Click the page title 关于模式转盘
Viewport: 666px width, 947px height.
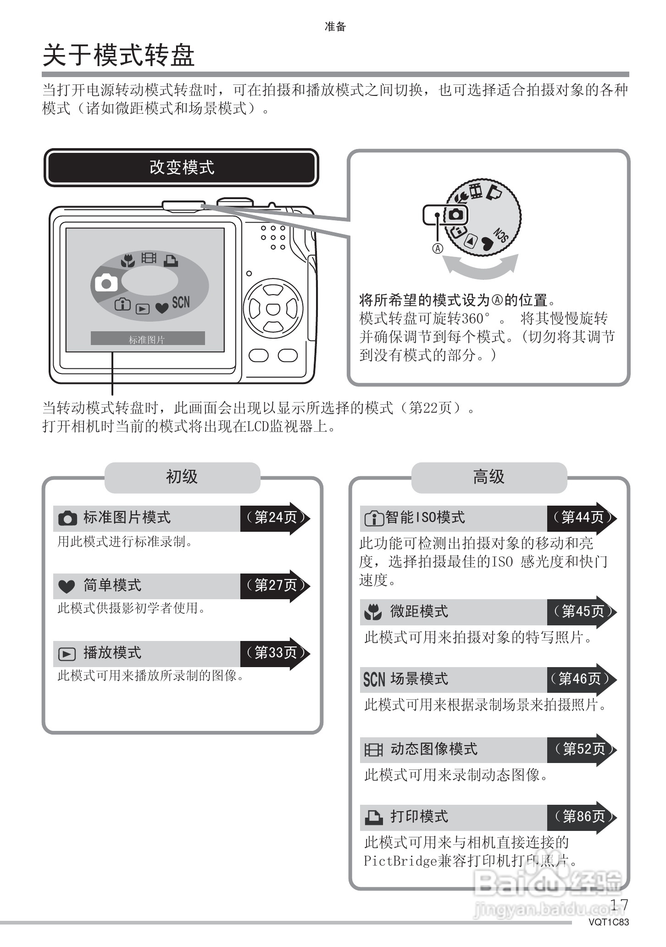pos(118,56)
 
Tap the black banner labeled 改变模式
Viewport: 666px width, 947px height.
pos(181,167)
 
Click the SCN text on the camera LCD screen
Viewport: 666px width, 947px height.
pos(181,302)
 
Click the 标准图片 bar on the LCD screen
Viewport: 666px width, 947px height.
pos(147,339)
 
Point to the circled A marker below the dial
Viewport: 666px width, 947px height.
pos(438,248)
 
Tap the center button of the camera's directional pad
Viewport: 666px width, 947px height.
pos(273,309)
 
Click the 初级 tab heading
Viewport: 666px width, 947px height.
pos(182,477)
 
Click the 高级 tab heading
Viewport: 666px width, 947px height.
pos(489,477)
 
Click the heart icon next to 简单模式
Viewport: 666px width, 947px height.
pos(67,586)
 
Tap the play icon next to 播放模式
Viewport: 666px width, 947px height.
pos(67,653)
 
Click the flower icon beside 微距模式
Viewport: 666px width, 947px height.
pos(373,612)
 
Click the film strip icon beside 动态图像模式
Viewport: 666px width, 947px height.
pos(373,750)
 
